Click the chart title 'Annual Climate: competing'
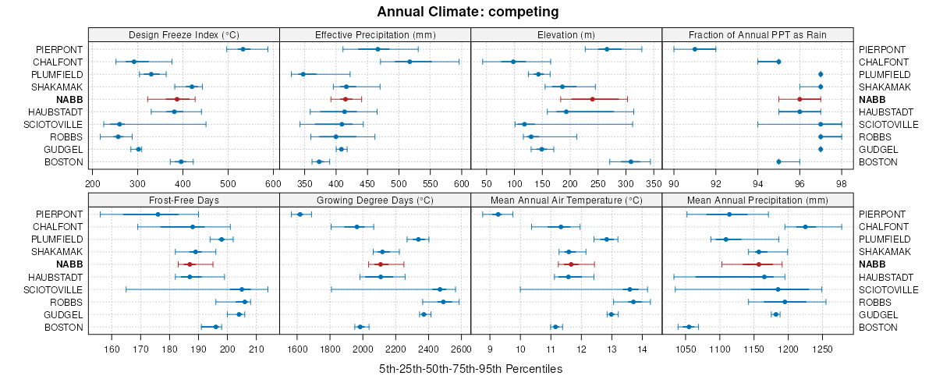click(x=467, y=12)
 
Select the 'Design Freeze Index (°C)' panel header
click(x=183, y=34)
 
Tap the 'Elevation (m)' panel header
click(x=565, y=34)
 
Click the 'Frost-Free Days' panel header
click(x=183, y=200)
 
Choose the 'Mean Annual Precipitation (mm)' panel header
click(x=757, y=200)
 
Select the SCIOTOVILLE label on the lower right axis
click(x=888, y=289)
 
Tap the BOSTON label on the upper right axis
click(x=877, y=161)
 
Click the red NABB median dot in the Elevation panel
click(x=592, y=99)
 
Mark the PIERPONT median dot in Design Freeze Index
click(x=243, y=49)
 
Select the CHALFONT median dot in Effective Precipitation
click(x=409, y=62)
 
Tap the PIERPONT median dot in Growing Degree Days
click(x=300, y=214)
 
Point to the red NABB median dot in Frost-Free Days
click(x=190, y=264)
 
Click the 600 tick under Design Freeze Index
click(x=272, y=183)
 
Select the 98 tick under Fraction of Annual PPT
click(x=841, y=183)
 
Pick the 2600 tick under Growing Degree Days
click(x=461, y=349)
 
